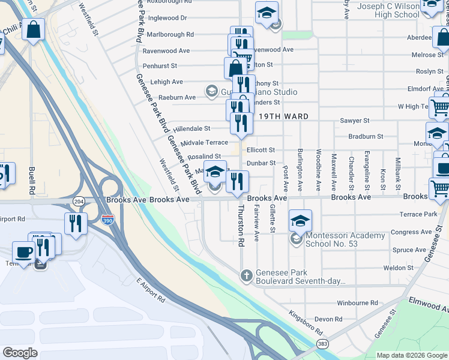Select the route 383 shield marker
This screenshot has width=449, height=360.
(323, 344)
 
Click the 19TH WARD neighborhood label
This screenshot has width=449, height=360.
(285, 116)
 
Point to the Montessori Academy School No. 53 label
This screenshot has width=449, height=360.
(345, 239)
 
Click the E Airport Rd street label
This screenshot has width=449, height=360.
(150, 289)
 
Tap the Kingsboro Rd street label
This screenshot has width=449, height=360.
(305, 322)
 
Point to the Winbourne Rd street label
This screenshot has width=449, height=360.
(357, 303)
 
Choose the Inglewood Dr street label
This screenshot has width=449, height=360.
(167, 19)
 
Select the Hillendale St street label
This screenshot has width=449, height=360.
(191, 128)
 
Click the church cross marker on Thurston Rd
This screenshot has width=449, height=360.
(246, 276)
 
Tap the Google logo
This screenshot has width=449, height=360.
(20, 353)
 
